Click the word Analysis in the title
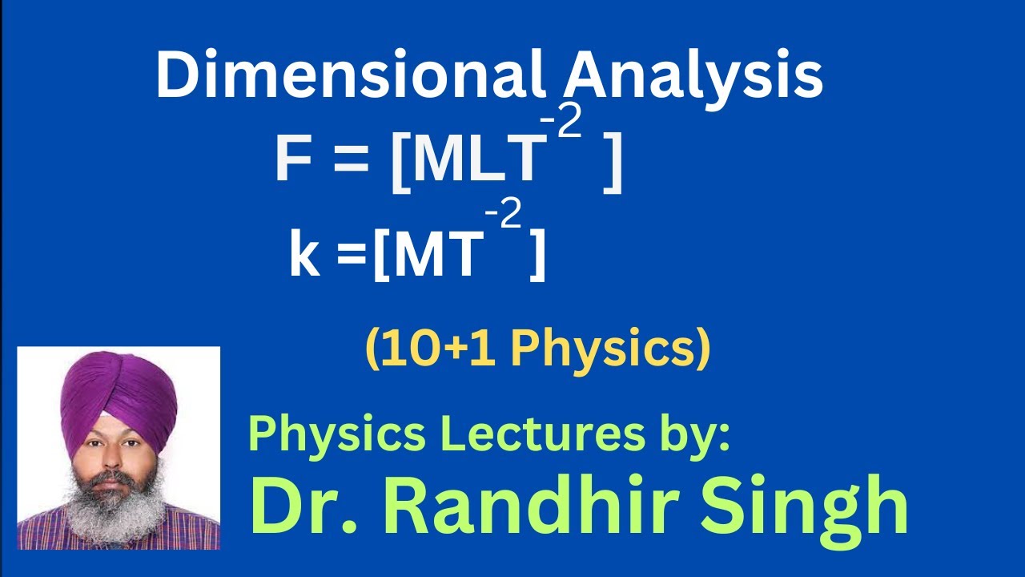(693, 77)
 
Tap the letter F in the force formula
(293, 159)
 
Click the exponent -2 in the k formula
(503, 215)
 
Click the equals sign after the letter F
(351, 160)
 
